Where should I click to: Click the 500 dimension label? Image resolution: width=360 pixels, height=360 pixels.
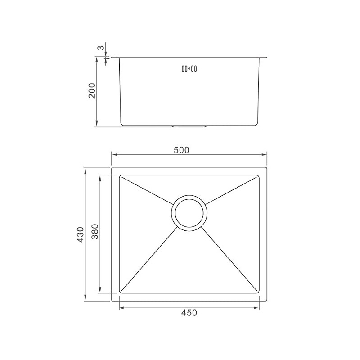click(181, 150)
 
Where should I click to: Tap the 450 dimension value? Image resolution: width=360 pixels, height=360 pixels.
click(189, 313)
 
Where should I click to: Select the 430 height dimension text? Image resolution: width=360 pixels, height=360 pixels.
click(81, 234)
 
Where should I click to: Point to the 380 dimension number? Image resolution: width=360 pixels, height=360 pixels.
click(95, 231)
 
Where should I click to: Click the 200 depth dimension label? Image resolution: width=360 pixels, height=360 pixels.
click(92, 91)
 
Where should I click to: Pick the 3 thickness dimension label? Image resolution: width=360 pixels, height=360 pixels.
click(101, 48)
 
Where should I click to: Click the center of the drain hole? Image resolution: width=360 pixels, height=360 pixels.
click(189, 213)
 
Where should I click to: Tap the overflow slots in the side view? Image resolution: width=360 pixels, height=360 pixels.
click(189, 69)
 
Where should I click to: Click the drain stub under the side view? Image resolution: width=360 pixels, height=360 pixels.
click(189, 126)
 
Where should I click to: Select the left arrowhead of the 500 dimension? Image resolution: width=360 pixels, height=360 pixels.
click(114, 155)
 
